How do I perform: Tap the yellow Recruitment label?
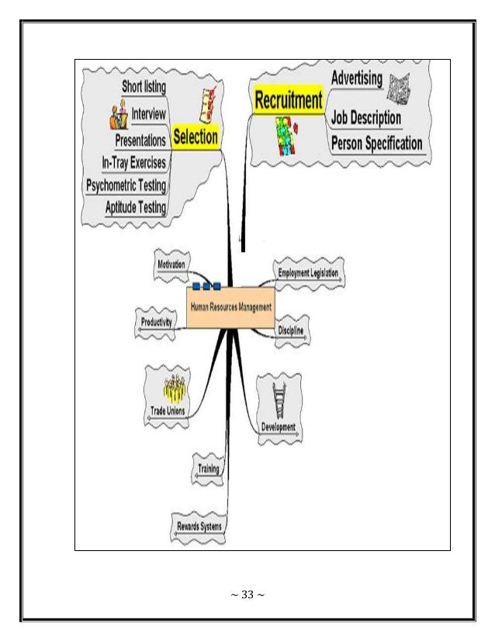(288, 100)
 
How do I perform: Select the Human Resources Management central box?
(231, 307)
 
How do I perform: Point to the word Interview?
(148, 113)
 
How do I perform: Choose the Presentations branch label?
(140, 140)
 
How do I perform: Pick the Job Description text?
(366, 119)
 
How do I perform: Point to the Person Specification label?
(376, 144)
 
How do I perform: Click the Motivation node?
(171, 265)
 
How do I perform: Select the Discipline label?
(290, 331)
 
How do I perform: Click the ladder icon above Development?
(279, 401)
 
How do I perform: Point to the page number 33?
(246, 596)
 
